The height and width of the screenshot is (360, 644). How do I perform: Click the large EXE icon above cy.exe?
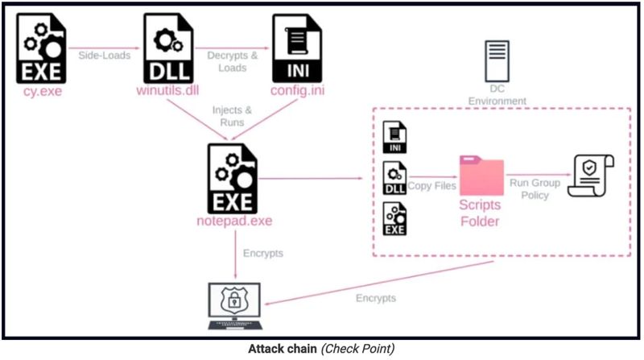[41, 48]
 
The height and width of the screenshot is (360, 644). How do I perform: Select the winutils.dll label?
[167, 90]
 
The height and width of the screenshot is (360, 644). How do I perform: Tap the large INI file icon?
[297, 48]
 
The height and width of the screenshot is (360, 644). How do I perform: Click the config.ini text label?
[297, 90]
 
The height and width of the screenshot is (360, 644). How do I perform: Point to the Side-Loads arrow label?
[105, 56]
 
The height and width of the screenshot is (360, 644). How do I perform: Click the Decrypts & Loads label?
[233, 61]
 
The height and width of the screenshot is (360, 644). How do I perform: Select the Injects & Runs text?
[232, 116]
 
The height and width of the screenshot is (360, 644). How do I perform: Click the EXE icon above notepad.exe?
[233, 178]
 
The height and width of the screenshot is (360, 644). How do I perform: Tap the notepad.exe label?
[234, 221]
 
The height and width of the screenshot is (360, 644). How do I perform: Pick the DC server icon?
[497, 61]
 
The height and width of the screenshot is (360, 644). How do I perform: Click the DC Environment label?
[497, 95]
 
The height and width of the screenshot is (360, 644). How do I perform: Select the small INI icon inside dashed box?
[394, 137]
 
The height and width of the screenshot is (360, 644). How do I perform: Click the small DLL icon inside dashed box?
[394, 178]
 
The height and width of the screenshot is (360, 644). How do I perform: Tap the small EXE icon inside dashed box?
[394, 218]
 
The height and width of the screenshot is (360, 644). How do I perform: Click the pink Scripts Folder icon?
[481, 175]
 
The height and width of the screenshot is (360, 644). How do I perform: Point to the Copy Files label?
[431, 186]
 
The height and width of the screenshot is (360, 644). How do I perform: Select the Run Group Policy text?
[535, 189]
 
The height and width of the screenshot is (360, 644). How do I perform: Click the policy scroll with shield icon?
[591, 176]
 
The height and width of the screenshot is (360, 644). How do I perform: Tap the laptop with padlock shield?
[234, 306]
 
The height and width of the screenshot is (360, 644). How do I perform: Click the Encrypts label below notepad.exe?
[263, 253]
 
